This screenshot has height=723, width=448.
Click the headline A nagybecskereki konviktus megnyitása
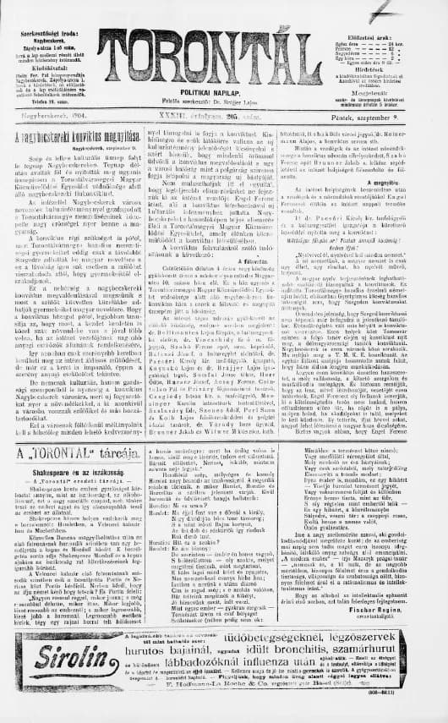[74, 136]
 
